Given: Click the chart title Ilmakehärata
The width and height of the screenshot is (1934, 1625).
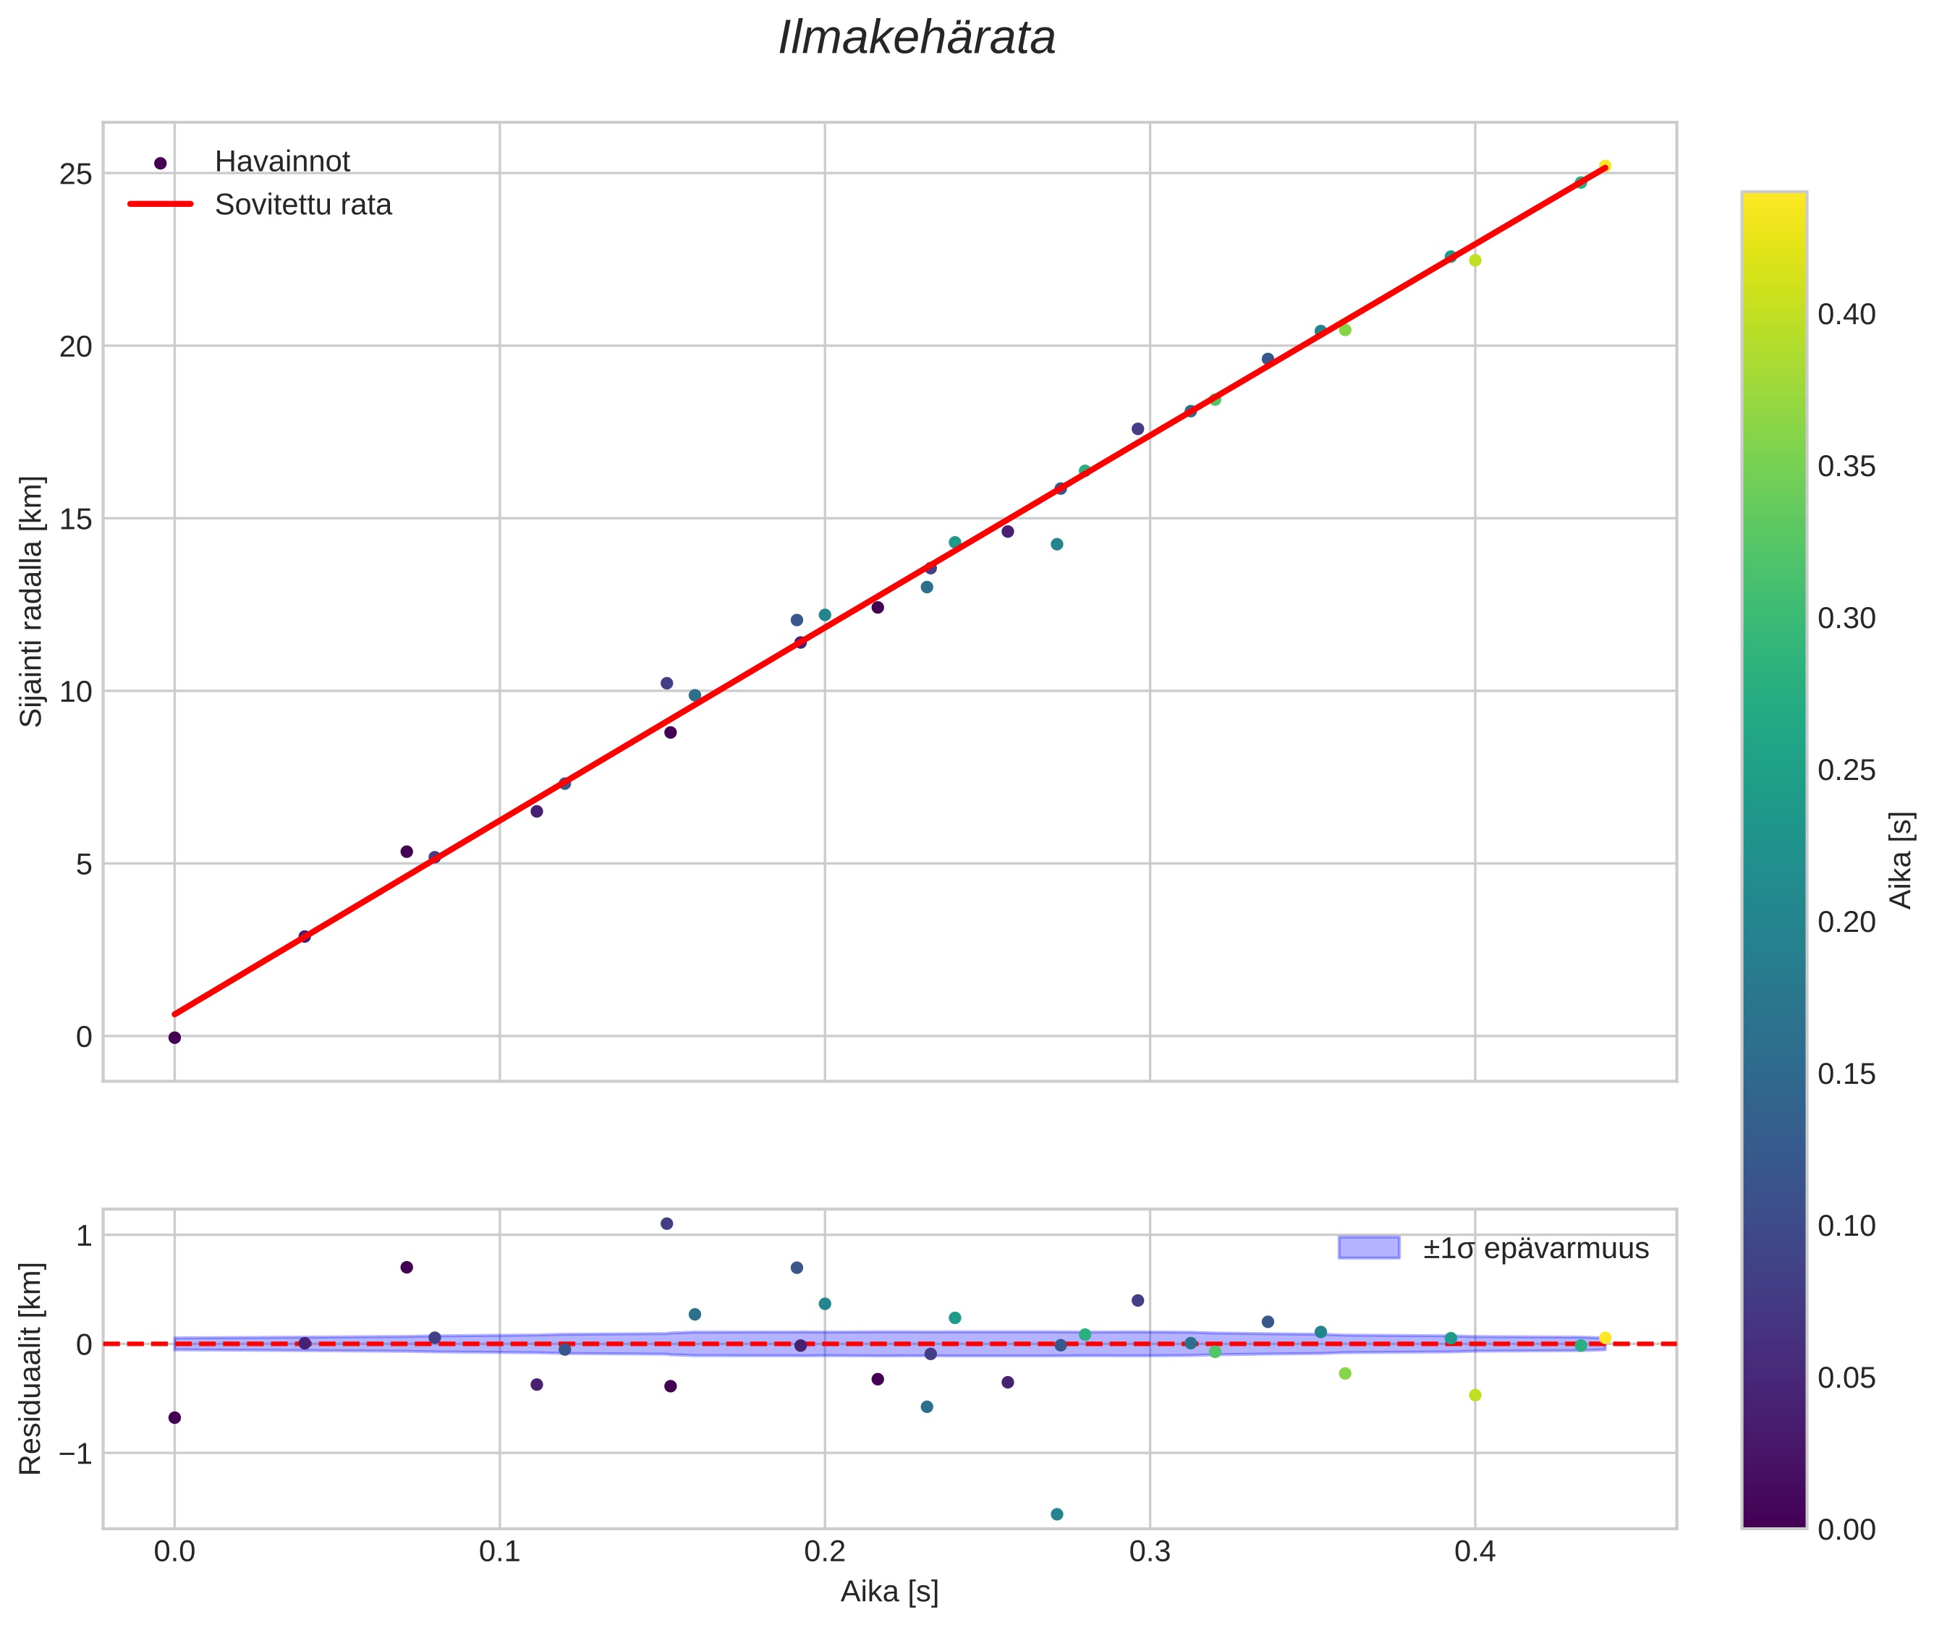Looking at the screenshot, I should (x=917, y=38).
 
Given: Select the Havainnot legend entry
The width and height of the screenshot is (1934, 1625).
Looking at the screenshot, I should (x=282, y=162).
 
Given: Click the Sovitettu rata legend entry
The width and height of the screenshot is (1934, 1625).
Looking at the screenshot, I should (x=303, y=205).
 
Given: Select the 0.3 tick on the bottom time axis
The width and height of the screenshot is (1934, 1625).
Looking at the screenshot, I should (x=1149, y=1552).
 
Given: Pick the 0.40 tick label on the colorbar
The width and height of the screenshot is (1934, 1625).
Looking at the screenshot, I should (x=1846, y=315).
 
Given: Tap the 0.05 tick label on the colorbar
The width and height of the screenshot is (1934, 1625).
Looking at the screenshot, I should (x=1846, y=1378).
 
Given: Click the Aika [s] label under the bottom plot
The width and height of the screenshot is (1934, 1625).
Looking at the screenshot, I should (x=889, y=1592).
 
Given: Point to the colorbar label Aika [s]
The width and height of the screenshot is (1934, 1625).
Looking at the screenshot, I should (x=1901, y=860).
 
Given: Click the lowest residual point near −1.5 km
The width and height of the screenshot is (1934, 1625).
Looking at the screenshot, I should (x=1057, y=1514).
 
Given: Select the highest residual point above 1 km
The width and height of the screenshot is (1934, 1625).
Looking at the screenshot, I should (x=667, y=1223).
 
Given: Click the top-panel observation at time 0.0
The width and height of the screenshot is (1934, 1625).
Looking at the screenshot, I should (x=174, y=1038).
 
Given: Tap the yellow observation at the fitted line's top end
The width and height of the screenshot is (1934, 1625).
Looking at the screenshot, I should (x=1605, y=166).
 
